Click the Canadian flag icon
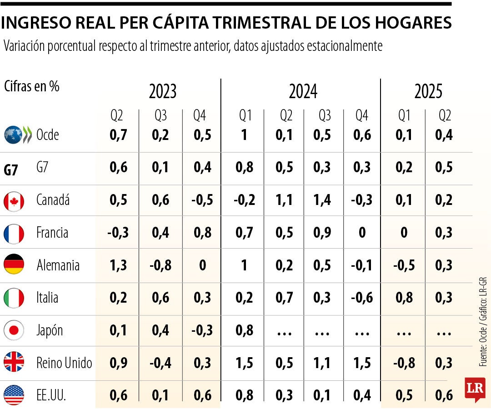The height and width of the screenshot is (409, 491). [14, 201]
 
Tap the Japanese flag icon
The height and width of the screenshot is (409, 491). [14, 330]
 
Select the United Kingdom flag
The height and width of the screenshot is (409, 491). [14, 363]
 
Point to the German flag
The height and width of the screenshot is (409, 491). [14, 265]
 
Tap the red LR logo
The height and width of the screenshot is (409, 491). [475, 389]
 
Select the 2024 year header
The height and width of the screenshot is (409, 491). [303, 92]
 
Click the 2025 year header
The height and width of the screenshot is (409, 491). [428, 92]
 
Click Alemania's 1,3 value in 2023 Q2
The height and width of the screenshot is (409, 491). [118, 265]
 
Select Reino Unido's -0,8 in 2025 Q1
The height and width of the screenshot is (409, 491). [404, 363]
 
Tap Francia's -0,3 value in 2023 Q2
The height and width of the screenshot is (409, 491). [118, 233]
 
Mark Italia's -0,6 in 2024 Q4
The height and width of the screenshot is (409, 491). [362, 298]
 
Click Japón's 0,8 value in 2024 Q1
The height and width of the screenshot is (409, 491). [245, 330]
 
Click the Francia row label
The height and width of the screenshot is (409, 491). [52, 233]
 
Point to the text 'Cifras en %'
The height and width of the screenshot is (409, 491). [32, 86]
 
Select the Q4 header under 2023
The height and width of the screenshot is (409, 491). [200, 116]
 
